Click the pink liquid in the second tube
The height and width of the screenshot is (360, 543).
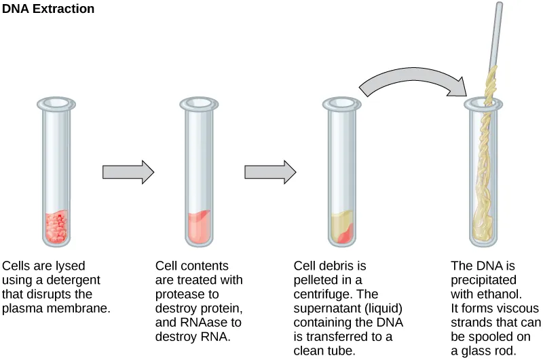click(x=198, y=228)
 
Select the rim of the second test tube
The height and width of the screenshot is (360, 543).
click(x=198, y=104)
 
